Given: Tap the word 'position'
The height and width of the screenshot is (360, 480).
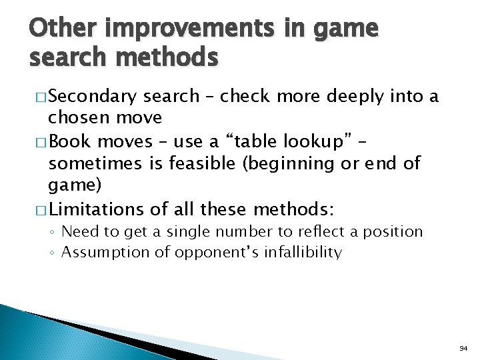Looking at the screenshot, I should point(393,232).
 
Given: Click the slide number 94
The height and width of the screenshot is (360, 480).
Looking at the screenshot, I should point(463,349).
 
